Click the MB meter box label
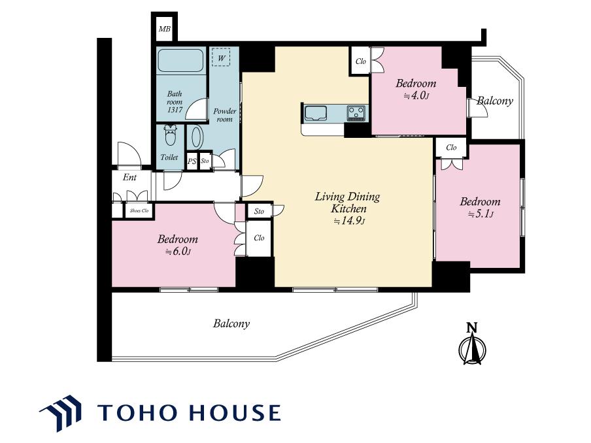click(164, 29)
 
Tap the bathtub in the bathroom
click(181, 60)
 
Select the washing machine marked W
click(221, 57)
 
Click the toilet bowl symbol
click(171, 135)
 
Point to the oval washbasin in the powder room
click(195, 137)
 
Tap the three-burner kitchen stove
click(356, 112)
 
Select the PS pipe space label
click(192, 161)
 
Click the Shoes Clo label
click(139, 210)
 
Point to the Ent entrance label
click(129, 177)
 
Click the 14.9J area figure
click(349, 221)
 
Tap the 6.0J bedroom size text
click(178, 252)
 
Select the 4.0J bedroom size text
click(416, 95)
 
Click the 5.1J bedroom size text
click(481, 214)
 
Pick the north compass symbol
click(472, 344)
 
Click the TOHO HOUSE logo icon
click(61, 412)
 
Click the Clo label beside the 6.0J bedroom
click(259, 238)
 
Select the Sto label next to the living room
click(259, 211)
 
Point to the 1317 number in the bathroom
click(175, 110)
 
